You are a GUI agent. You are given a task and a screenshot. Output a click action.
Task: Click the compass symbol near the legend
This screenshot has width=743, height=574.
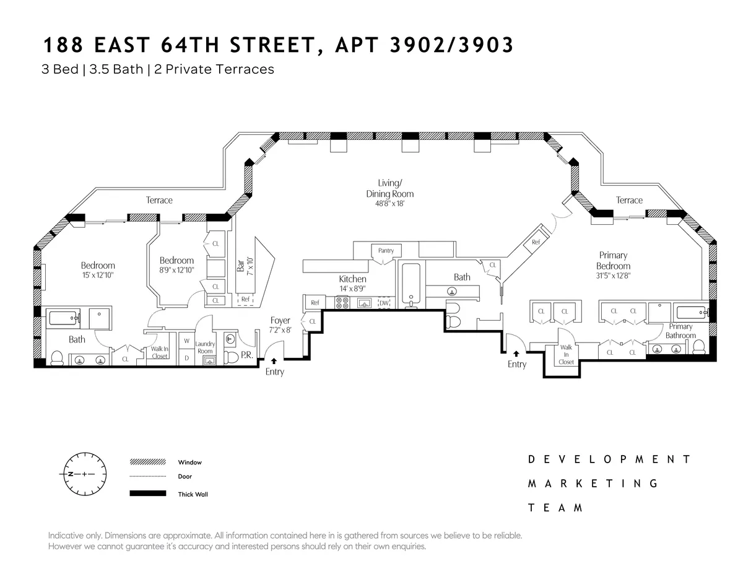tap(83, 474)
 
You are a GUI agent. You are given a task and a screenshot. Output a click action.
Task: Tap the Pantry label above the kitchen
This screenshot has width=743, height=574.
tap(386, 251)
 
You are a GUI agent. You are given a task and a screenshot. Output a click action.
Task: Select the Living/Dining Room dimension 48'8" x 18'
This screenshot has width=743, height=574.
tap(389, 203)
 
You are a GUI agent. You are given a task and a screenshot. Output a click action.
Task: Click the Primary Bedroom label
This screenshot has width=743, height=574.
tap(613, 261)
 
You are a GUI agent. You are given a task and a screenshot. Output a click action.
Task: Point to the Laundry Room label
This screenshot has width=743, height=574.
tap(204, 347)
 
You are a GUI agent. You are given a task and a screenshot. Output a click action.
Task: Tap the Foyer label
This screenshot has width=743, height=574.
tap(280, 320)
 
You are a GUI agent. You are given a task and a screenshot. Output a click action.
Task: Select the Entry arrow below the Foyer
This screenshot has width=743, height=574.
tap(274, 360)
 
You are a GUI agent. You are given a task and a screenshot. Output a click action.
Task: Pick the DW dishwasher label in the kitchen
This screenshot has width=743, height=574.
tap(384, 303)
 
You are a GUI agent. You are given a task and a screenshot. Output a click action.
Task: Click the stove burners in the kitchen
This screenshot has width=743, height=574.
tap(342, 303)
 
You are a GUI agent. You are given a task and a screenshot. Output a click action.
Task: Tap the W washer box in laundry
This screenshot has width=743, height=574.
tap(186, 341)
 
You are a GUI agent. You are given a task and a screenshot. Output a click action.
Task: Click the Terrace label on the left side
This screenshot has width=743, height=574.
tap(159, 200)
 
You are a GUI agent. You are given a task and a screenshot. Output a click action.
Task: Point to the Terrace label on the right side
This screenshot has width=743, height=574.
tap(629, 200)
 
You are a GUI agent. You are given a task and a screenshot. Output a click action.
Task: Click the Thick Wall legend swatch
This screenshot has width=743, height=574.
tap(148, 494)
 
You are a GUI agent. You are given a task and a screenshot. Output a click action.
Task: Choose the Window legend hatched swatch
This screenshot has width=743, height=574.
tap(148, 462)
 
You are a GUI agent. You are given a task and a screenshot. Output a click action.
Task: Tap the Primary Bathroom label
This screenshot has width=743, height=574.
tap(680, 331)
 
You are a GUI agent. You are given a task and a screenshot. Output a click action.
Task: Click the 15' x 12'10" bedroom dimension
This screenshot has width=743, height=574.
tap(98, 274)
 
